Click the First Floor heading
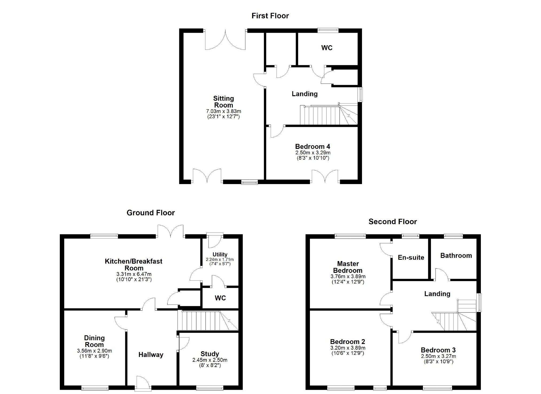coord(270,16)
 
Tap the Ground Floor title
coord(151,213)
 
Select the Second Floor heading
coord(393,221)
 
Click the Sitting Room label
coord(224,102)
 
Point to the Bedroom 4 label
coord(313,147)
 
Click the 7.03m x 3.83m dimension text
coord(224,111)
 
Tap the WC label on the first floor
coord(327,48)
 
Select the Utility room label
coord(220,254)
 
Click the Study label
coord(210,354)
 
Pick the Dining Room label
coord(94,341)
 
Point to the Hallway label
coord(151,355)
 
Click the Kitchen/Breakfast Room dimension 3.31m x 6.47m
coord(134,274)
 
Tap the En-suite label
coord(411,258)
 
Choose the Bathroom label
coord(456,255)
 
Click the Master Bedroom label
coord(348,267)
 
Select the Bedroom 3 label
coord(438,350)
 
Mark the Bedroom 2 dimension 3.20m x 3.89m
coord(348,348)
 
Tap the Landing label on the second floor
coord(437,294)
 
